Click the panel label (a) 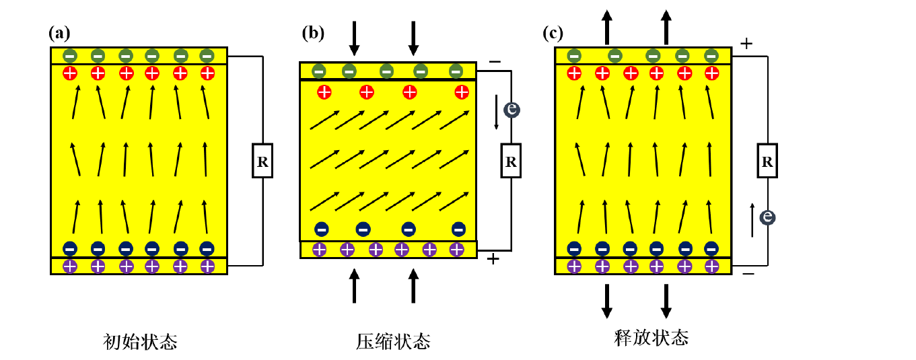[x=59, y=32]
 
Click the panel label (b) [x=313, y=32]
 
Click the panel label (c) [x=553, y=32]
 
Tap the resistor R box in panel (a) [x=262, y=161]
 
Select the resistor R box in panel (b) [x=511, y=161]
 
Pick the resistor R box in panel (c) [x=767, y=161]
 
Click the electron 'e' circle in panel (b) [x=512, y=109]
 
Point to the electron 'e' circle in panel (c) [x=767, y=217]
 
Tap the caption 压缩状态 [x=393, y=342]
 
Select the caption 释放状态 [x=651, y=337]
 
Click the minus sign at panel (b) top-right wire [x=495, y=62]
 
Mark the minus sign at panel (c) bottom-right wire [x=748, y=274]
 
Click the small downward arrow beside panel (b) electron [x=497, y=112]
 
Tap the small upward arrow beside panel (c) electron [x=752, y=221]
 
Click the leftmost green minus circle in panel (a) [x=70, y=55]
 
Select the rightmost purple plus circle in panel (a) [x=207, y=266]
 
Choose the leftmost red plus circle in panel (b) [x=324, y=92]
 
